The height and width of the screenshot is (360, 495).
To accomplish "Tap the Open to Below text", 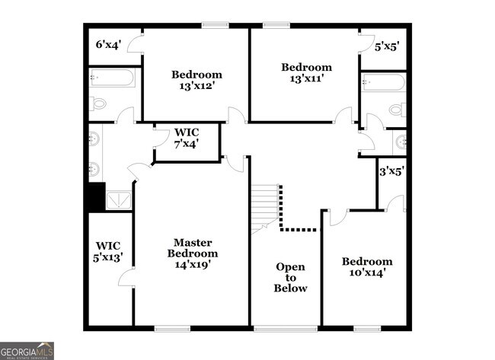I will pos(291,278).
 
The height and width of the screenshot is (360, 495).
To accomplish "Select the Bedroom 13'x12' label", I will pos(196,80).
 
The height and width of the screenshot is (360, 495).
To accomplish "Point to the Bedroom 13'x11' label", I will pos(306,72).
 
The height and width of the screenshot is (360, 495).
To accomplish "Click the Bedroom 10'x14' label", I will pos(366,267).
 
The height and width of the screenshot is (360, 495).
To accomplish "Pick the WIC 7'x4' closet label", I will pos(187,138).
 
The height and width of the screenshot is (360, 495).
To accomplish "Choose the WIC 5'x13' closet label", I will pos(108,251).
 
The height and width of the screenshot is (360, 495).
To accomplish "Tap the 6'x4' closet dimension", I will pos(107,45).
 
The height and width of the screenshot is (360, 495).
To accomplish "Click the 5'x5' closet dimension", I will pos(387,46).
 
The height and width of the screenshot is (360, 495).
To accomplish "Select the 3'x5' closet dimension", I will pos(391,171).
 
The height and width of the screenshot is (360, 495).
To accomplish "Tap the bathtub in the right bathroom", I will pos(383,82).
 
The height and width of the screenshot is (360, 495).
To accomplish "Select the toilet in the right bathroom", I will pos(397,110).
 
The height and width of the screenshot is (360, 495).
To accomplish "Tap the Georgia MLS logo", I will pos(27,351).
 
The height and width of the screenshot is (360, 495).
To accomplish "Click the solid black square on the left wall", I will pos(94,196).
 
